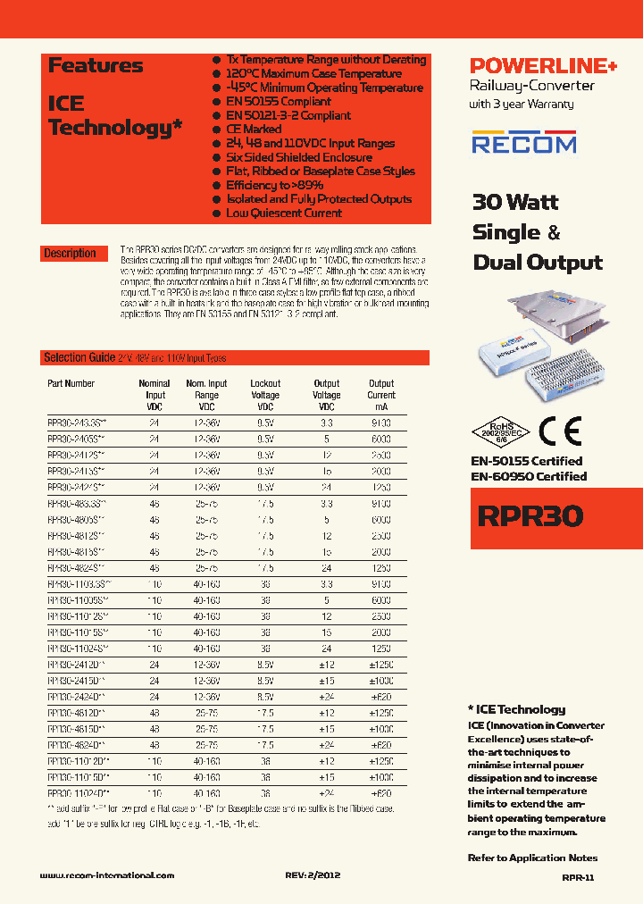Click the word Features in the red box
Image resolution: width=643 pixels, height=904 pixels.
(x=96, y=65)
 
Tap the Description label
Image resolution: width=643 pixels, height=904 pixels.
(x=70, y=254)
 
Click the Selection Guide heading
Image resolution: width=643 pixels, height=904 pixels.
(x=79, y=357)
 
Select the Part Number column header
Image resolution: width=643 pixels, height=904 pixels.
(x=71, y=383)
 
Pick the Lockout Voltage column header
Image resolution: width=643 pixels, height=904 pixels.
(x=265, y=389)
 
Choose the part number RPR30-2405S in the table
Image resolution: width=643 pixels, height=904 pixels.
(x=77, y=439)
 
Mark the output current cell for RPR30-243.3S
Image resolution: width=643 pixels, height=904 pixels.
(x=381, y=423)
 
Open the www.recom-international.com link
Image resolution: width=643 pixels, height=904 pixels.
(x=107, y=876)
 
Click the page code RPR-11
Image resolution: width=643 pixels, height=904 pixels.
(x=578, y=878)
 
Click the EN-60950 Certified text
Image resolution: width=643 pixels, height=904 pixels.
(x=529, y=476)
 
